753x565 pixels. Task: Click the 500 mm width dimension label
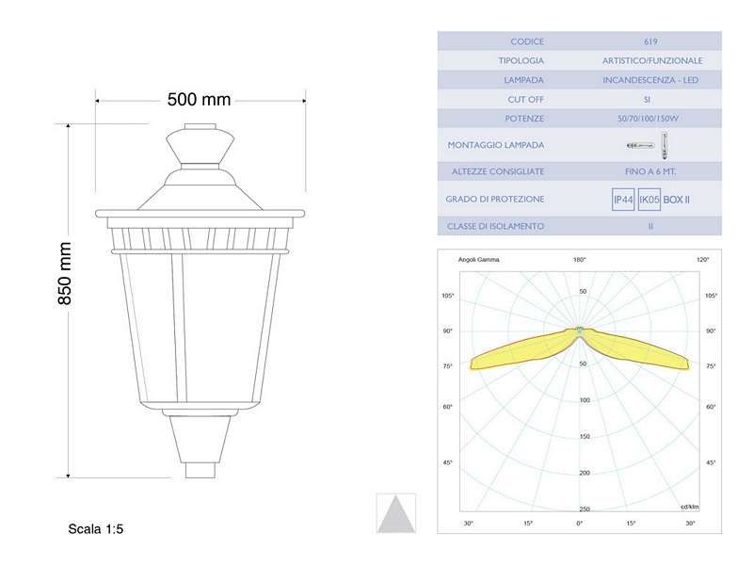(199, 99)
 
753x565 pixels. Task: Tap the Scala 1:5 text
(96, 529)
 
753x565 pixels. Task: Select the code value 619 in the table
(650, 41)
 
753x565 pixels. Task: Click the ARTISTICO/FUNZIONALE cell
(651, 60)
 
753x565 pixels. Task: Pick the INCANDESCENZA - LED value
(651, 80)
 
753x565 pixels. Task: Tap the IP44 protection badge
(623, 200)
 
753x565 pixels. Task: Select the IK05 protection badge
(649, 200)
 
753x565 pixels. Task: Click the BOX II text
(677, 200)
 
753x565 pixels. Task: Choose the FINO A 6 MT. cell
(651, 171)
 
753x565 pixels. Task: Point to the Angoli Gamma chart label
(478, 259)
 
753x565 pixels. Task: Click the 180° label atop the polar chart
(580, 259)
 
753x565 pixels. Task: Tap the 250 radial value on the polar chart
(584, 508)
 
